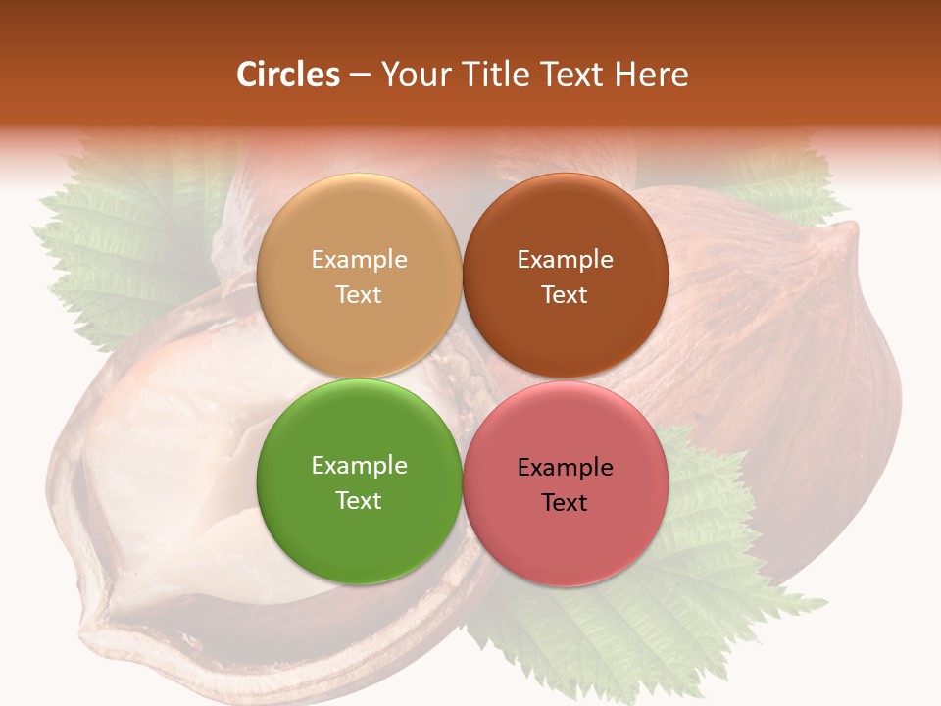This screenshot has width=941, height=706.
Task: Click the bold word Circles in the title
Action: pos(288,75)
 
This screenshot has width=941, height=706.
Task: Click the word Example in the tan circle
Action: pos(359,260)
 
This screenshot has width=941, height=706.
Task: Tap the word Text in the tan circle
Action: pos(359,295)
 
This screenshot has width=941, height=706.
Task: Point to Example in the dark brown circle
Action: pos(565,260)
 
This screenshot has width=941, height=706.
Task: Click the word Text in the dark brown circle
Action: pos(565,295)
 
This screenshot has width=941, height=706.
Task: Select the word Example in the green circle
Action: pos(359,466)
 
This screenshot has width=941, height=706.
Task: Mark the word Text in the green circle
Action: pos(359,501)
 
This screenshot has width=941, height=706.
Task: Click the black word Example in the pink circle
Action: pos(565,468)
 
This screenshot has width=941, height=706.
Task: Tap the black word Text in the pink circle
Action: pos(565,503)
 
